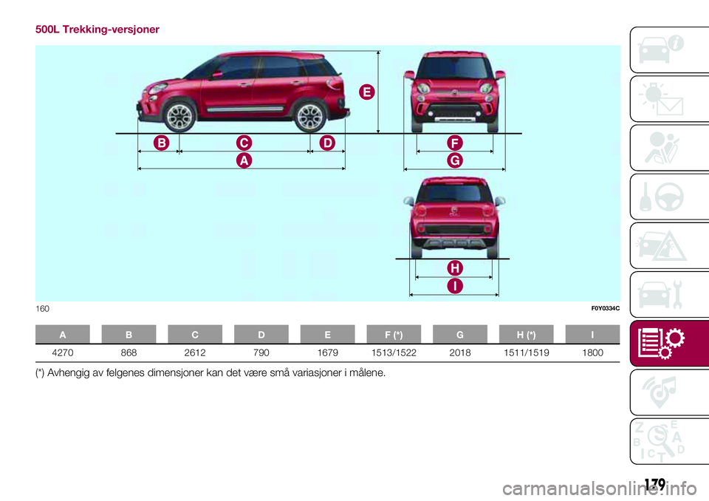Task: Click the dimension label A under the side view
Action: (x=242, y=160)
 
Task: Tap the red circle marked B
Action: (x=162, y=142)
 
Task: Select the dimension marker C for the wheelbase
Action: (x=242, y=142)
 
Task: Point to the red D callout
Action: (x=327, y=142)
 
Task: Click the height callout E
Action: (x=366, y=92)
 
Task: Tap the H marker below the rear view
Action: (x=453, y=267)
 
